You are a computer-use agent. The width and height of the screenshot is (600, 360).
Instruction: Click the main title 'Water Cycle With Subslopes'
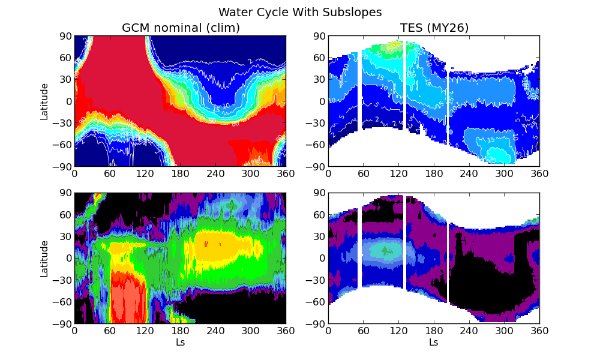pos(300,12)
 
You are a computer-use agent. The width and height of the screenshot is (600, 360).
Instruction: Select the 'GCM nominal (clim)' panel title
pos(181,28)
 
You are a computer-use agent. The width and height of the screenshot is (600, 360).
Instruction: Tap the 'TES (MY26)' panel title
pos(434,28)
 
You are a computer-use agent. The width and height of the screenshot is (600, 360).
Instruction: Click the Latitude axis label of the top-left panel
pos(44,101)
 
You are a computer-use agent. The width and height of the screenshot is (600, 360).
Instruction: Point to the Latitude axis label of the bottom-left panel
pos(44,259)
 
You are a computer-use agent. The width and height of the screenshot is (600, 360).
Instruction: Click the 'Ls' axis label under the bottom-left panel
pos(180,343)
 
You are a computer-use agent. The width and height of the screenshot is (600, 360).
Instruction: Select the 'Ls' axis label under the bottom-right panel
pos(434,343)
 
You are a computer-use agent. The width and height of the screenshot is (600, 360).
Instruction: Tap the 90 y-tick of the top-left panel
pos(65,36)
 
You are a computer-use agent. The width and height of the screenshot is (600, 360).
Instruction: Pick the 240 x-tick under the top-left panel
pos(215,173)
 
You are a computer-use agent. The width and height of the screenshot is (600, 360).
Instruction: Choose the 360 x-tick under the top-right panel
pos(539,173)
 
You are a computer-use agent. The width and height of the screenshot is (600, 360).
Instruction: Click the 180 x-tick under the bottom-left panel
pos(180,331)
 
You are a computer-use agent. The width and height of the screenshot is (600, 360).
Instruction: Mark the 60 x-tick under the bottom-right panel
pos(364,331)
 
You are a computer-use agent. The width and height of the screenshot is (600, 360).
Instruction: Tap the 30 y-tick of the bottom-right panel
pos(319,236)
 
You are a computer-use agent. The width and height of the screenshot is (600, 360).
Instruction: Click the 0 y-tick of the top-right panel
pos(322,101)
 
